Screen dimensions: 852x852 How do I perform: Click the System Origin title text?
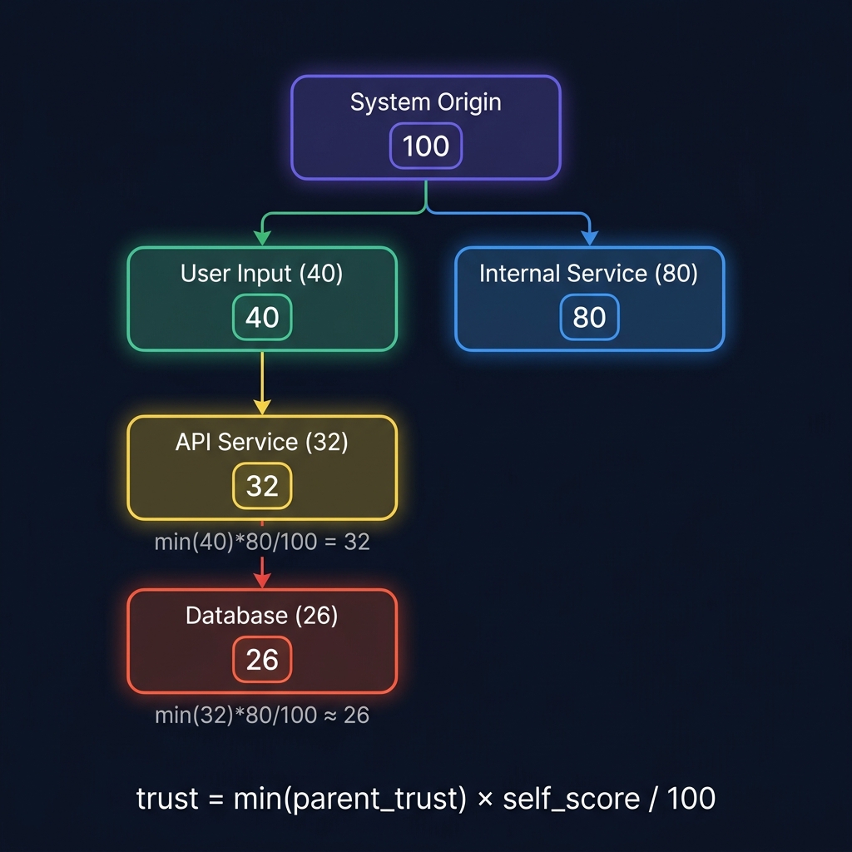point(425,102)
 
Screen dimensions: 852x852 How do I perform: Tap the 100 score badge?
point(425,146)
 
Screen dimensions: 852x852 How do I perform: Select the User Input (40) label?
point(261,274)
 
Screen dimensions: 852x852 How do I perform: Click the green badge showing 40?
point(262,317)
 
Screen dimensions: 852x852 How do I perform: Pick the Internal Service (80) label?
point(588,274)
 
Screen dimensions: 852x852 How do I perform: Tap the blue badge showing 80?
point(589,317)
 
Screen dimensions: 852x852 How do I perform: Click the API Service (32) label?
point(261,442)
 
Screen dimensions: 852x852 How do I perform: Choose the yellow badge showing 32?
point(262,486)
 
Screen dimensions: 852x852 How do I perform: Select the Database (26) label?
point(261,616)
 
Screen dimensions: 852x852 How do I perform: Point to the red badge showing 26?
point(262,660)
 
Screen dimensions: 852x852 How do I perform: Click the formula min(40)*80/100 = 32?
point(262,542)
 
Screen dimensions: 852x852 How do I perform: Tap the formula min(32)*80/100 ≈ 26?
point(262,715)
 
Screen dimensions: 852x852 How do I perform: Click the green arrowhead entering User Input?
point(262,239)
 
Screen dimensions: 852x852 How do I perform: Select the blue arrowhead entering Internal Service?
point(589,239)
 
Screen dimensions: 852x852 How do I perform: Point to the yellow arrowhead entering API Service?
point(262,407)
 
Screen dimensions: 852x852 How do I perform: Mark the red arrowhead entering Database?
point(262,580)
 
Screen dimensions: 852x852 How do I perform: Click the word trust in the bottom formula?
point(166,799)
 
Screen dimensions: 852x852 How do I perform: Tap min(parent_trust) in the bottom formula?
point(349,799)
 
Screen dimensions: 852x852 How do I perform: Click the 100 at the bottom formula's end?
point(690,799)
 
